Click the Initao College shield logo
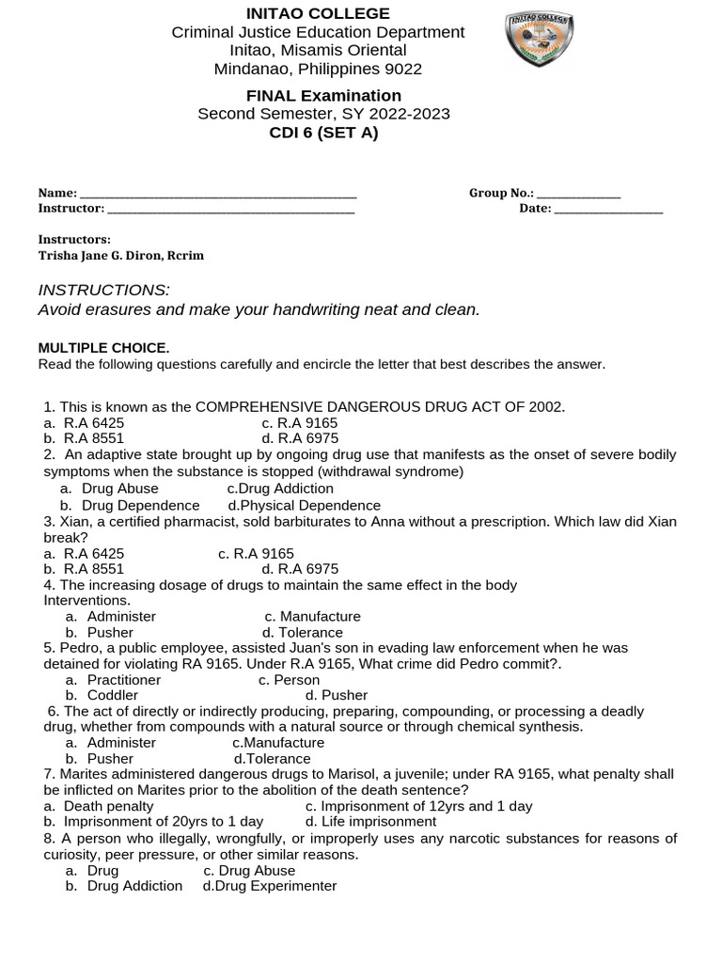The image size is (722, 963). [x=541, y=40]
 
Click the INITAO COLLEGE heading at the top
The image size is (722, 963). [x=318, y=13]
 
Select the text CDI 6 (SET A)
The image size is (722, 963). [x=323, y=133]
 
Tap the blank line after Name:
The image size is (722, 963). [x=219, y=194]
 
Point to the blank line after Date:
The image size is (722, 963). [x=609, y=209]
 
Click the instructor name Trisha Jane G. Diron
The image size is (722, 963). [x=120, y=255]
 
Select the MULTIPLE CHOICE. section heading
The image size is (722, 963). [x=103, y=348]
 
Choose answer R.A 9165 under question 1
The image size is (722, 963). [x=300, y=423]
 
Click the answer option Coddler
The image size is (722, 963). [x=112, y=695]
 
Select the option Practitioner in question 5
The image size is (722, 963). [x=123, y=679]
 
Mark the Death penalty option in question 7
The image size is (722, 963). [x=107, y=806]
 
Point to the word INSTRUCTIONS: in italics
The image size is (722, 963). [x=103, y=290]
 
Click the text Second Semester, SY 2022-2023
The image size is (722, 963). [x=323, y=114]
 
